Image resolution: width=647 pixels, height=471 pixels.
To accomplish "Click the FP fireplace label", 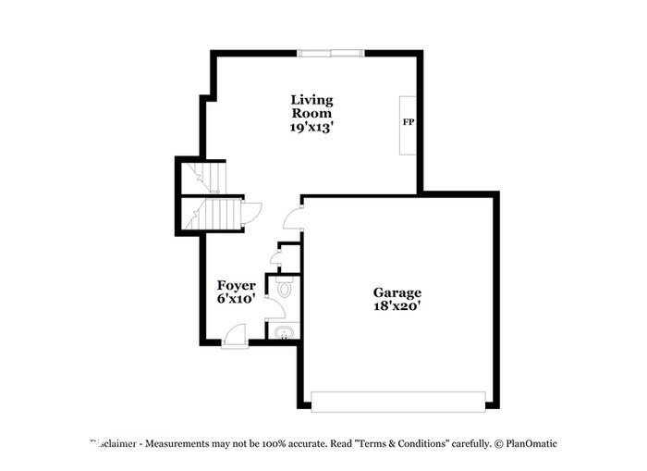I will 407,122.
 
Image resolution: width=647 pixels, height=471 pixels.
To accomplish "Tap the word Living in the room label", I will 311,99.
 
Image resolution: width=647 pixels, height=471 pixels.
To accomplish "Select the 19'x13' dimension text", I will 311,129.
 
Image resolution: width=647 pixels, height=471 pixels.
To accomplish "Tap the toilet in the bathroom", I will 285,289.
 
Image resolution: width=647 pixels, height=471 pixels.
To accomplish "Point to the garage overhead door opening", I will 398,401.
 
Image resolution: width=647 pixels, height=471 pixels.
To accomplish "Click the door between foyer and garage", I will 293,217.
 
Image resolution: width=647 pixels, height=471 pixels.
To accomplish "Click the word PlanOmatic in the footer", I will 531,444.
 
